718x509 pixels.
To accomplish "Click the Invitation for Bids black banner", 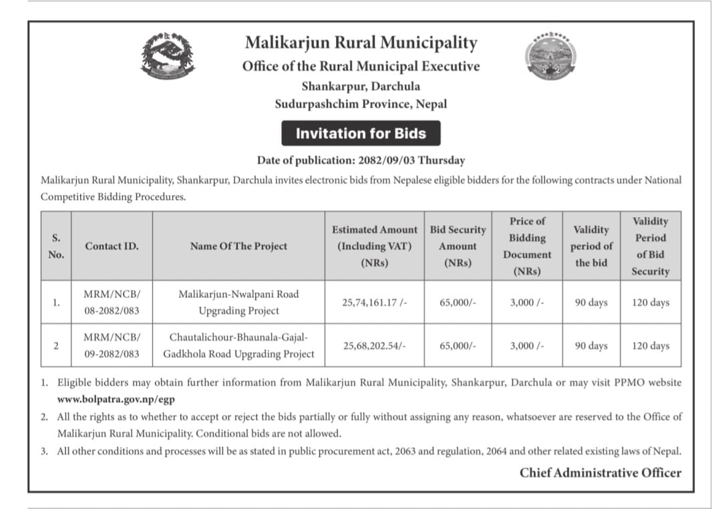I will point(361,134).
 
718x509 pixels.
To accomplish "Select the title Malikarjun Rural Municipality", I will point(361,43).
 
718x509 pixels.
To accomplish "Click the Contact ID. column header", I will point(112,246).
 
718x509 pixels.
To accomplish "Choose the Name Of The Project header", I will point(238,246).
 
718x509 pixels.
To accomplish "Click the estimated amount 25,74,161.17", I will point(374,302).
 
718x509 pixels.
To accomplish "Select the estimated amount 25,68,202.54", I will point(374,345).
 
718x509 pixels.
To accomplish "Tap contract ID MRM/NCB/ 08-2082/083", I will point(112,302).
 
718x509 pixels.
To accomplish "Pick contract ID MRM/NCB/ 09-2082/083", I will point(112,345).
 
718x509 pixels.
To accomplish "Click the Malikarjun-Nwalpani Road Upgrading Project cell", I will point(238,302).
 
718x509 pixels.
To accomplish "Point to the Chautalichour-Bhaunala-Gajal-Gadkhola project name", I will point(238,345).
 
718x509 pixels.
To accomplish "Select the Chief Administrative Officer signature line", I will point(600,473).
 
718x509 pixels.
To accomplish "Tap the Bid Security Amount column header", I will point(458,246).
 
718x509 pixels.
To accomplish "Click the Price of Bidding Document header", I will point(527,246).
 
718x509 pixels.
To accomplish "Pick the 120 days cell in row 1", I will point(650,302).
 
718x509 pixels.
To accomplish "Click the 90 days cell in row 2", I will point(591,345).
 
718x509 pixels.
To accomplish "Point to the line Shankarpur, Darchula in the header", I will point(361,86).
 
